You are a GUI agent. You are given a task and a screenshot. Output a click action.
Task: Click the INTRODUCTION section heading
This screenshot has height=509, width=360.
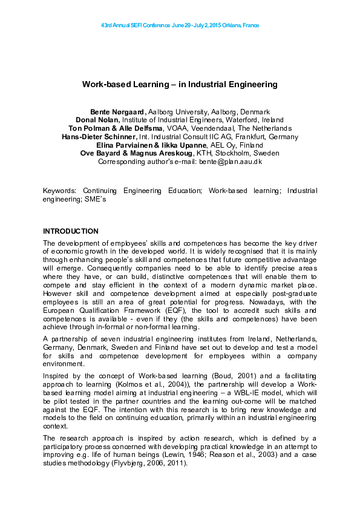70,231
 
